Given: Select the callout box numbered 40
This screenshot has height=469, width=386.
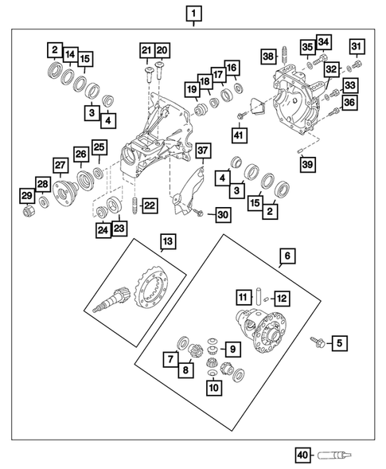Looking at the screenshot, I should (302, 455).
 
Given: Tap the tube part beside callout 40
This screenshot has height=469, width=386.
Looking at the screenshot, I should (332, 455).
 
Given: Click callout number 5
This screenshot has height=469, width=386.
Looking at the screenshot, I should (339, 343).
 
